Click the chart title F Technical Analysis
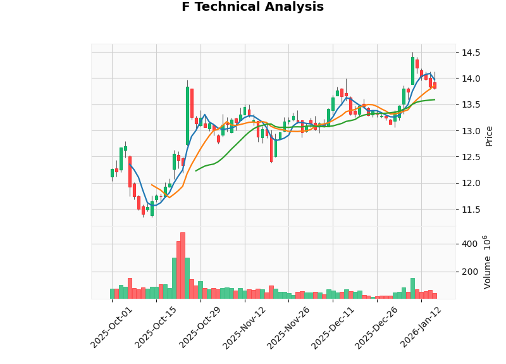[x=252, y=7]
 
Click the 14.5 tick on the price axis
[x=470, y=53]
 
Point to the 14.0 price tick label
[x=470, y=78]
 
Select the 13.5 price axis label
[x=470, y=105]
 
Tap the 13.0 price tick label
[x=470, y=131]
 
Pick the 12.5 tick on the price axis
[x=470, y=157]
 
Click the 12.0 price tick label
[x=470, y=184]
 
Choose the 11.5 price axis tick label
[x=470, y=210]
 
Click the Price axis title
[x=489, y=135]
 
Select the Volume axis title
[x=487, y=262]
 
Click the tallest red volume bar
[x=183, y=265]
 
